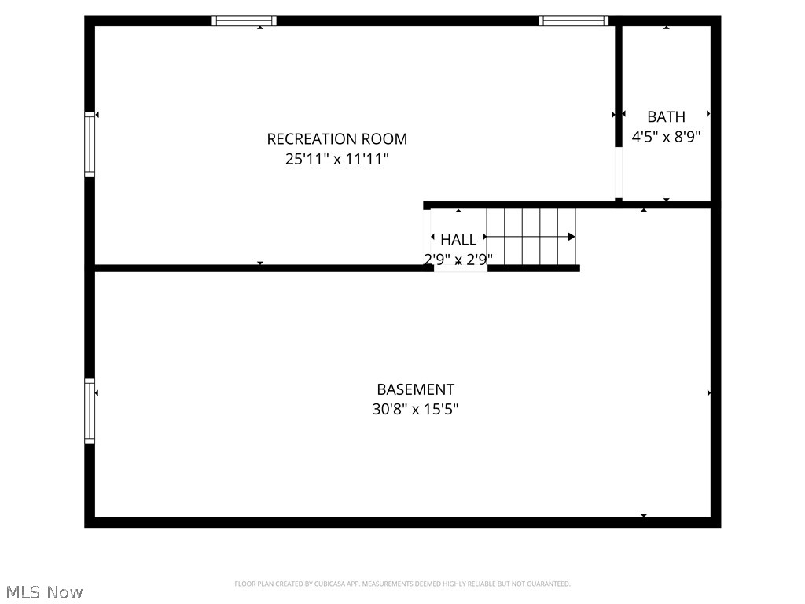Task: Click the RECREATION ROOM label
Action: (336, 139)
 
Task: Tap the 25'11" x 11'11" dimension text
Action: (336, 160)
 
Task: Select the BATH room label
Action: (666, 117)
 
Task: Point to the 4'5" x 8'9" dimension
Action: (666, 137)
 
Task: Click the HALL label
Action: (458, 240)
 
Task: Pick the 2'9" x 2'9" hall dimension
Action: (458, 259)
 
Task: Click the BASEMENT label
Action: (415, 389)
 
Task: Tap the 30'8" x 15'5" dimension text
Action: (415, 410)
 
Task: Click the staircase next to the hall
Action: (531, 237)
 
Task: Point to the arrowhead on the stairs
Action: (572, 237)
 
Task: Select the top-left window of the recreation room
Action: (244, 21)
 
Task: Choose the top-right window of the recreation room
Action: (574, 21)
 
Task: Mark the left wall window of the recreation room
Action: (90, 145)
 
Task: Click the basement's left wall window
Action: (90, 411)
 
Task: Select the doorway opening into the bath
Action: (619, 173)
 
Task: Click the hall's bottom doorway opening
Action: (461, 268)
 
